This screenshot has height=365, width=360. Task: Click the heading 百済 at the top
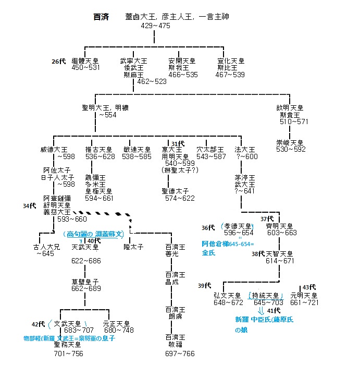pos(101,17)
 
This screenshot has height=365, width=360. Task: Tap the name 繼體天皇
pos(85,61)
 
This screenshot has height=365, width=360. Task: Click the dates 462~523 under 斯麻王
pos(152,82)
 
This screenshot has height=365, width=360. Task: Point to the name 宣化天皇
pos(230,61)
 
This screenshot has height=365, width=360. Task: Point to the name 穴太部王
pos(212,150)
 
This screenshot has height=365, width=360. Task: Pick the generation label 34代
pos(30,206)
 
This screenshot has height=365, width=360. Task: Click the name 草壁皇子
pos(85,282)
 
